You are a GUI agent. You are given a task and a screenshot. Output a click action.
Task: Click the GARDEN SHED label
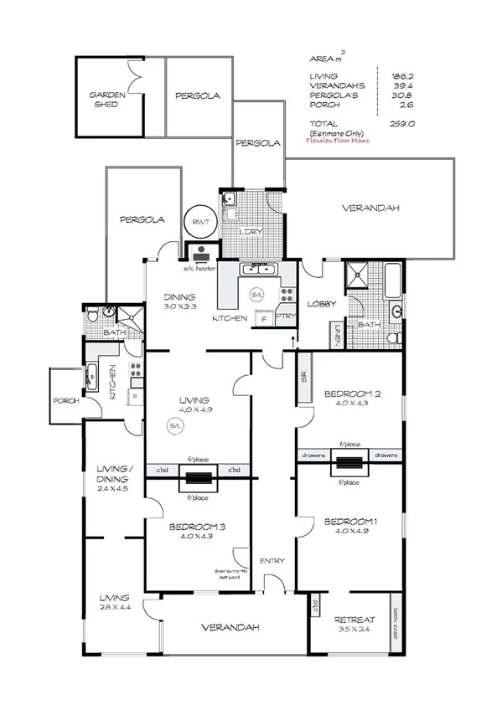click(x=108, y=100)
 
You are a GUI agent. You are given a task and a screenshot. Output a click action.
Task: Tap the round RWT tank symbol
click(x=201, y=222)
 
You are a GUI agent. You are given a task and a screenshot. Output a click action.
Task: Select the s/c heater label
click(x=200, y=269)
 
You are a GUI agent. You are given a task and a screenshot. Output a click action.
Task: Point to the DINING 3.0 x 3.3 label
click(x=179, y=301)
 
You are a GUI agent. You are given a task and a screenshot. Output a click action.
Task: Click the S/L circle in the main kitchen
click(x=258, y=296)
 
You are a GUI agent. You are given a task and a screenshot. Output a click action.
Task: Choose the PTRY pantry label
click(x=286, y=316)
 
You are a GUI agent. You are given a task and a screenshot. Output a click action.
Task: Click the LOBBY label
click(x=322, y=304)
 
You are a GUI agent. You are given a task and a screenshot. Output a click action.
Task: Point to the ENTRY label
click(x=272, y=561)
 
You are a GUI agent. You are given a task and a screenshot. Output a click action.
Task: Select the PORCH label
click(x=65, y=401)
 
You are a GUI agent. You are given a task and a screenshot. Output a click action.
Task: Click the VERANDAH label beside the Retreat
click(x=229, y=627)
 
